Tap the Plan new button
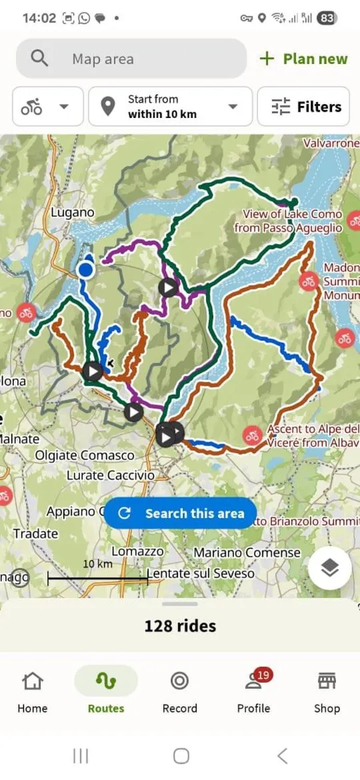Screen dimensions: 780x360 (x=304, y=59)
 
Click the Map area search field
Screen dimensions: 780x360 (x=131, y=59)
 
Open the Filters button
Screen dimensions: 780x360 (x=303, y=107)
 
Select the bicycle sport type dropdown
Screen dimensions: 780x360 (x=48, y=107)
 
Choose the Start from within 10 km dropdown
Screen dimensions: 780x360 (x=170, y=107)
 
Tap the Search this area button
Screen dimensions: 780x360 (x=181, y=513)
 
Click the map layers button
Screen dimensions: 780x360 (x=330, y=568)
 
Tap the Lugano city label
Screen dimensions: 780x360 (x=73, y=213)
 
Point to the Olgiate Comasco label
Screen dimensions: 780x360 (x=85, y=456)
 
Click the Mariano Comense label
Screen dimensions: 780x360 (x=247, y=553)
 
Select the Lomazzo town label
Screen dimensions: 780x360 (x=137, y=552)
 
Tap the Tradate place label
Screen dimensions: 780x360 (x=35, y=533)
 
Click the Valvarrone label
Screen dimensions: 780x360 (x=331, y=143)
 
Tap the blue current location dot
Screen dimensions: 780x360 (x=85, y=269)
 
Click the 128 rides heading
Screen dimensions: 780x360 (x=180, y=626)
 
